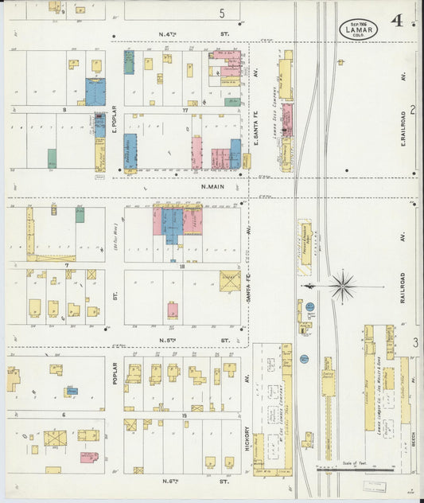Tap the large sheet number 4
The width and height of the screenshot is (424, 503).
pyautogui.click(x=396, y=21)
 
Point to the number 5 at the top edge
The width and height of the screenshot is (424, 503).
pyautogui.click(x=223, y=13)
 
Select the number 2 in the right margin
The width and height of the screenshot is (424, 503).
pyautogui.click(x=414, y=110)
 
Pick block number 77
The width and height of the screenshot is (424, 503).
pyautogui.click(x=185, y=111)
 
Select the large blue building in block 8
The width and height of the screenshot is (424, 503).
pyautogui.click(x=95, y=91)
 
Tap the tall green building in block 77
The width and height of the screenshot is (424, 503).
pyautogui.click(x=129, y=63)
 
